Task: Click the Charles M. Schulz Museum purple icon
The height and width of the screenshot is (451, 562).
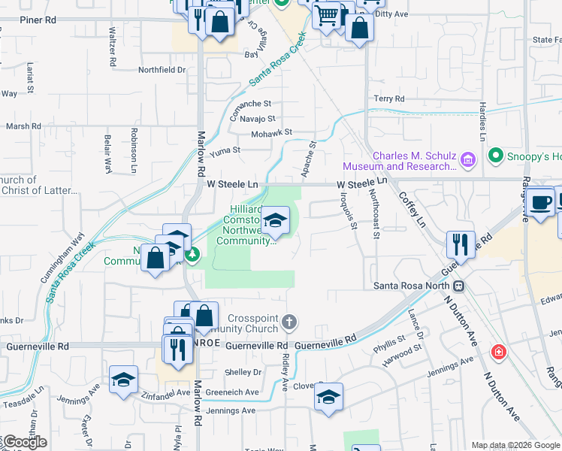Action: click(x=468, y=159)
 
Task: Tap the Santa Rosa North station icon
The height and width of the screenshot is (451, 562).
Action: click(x=458, y=286)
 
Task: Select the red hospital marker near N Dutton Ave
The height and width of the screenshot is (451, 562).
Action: click(x=497, y=351)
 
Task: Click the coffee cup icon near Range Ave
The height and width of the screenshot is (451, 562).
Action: click(x=540, y=201)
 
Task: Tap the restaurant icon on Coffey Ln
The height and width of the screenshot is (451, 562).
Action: click(x=460, y=244)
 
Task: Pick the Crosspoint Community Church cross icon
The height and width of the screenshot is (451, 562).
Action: click(x=289, y=323)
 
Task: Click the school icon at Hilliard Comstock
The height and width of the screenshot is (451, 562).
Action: click(x=276, y=220)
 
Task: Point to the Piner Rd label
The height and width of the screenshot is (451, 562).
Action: click(x=38, y=20)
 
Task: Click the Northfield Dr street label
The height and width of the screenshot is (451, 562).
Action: click(x=162, y=70)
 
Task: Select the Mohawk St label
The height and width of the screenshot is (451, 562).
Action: click(x=270, y=132)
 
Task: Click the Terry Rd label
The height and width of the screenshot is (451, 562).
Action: click(x=389, y=98)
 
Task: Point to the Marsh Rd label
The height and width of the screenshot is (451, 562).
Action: click(x=23, y=126)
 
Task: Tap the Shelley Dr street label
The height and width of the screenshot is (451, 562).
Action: click(x=243, y=372)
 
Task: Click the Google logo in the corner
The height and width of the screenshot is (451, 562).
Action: click(x=24, y=442)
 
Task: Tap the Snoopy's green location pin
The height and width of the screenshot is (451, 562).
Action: click(x=495, y=156)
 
